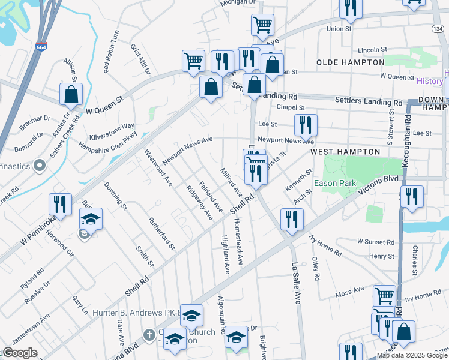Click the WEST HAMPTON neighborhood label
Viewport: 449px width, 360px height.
(x=345, y=152)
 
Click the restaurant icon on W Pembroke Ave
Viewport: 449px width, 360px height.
(x=60, y=203)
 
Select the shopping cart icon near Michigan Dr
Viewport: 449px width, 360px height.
(x=262, y=25)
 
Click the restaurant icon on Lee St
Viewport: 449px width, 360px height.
(x=306, y=125)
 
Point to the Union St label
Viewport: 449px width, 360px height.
(x=339, y=28)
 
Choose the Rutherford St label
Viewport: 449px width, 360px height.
(x=163, y=233)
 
